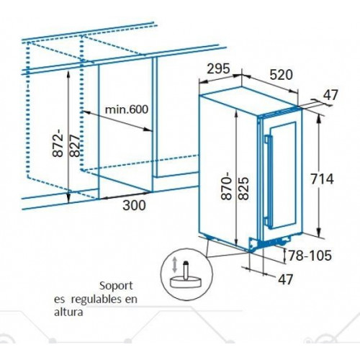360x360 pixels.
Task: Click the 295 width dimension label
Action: (218, 69)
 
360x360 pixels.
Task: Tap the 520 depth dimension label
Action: (282, 75)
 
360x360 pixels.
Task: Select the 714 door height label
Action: (322, 179)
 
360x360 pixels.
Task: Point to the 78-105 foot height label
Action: (310, 256)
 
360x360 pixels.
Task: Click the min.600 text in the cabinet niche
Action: (127, 109)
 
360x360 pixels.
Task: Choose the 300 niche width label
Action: (134, 205)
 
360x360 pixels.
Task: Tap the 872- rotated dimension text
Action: (58, 143)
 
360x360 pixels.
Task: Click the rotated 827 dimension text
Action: (75, 145)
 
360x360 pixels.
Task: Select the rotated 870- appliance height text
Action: (227, 186)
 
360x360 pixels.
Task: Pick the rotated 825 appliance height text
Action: (243, 189)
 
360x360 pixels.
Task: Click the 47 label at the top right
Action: (330, 95)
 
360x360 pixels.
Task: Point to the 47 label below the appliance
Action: (285, 279)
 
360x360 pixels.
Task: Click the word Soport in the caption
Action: (116, 286)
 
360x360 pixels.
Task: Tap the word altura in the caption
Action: (68, 312)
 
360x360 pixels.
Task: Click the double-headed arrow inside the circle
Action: (175, 264)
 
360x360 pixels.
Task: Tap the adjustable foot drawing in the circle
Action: (185, 275)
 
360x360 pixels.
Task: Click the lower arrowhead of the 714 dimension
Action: (319, 233)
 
